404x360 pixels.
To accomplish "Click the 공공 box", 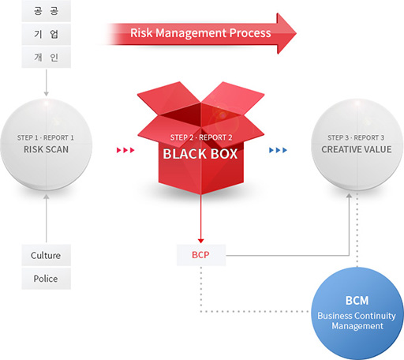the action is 47,11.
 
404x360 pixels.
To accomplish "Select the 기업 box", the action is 47,34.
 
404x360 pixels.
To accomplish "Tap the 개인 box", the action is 47,57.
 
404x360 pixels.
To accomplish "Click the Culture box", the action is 47,255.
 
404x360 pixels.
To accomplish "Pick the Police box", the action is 47,279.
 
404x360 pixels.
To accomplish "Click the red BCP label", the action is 200,255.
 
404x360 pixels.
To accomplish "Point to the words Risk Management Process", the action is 200,33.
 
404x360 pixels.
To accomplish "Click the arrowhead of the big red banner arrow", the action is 286,33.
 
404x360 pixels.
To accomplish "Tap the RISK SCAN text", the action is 46,149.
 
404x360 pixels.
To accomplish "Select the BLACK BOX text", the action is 200,154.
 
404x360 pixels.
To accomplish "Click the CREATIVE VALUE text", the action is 357,149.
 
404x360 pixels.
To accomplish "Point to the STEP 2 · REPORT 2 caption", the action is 201,137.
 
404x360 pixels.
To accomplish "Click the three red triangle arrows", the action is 125,150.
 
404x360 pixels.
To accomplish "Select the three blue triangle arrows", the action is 278,150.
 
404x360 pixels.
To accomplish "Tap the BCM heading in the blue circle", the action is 357,301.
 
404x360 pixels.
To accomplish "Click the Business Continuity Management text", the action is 357,321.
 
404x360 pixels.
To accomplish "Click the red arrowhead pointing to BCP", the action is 200,241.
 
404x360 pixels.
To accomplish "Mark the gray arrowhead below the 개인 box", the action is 47,94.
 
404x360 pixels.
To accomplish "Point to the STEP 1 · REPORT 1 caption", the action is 46,137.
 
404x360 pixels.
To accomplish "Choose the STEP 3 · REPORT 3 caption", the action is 356,137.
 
